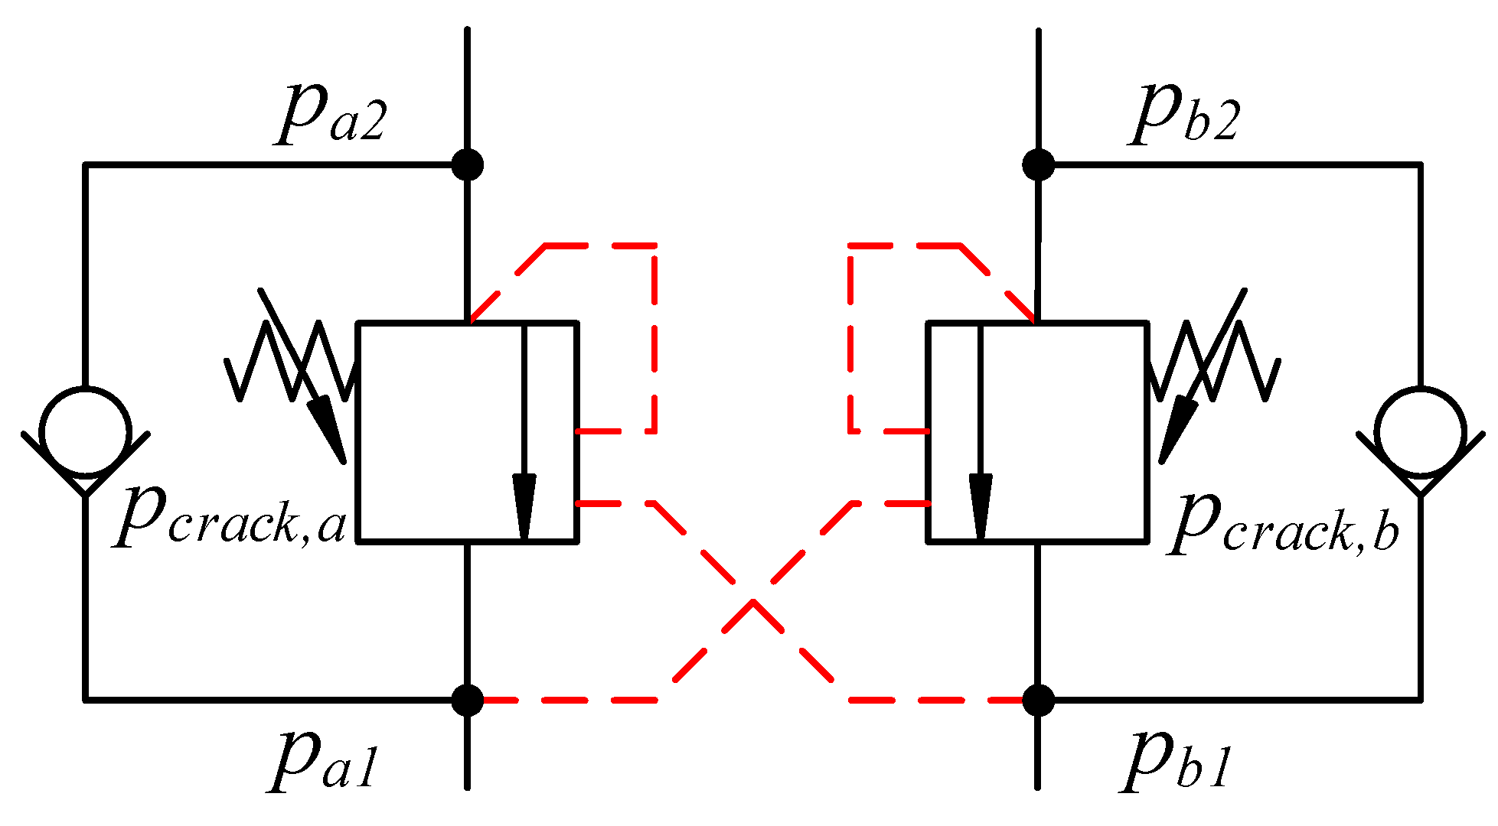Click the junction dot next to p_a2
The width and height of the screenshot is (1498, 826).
coord(467,164)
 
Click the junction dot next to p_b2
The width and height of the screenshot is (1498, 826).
coord(1038,164)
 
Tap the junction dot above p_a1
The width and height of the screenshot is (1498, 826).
coord(467,700)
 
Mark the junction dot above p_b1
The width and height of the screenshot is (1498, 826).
coord(1038,700)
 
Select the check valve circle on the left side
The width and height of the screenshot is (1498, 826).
coord(86,432)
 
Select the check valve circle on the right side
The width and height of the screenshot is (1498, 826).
coord(1420,432)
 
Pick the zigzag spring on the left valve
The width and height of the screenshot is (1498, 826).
coord(291,359)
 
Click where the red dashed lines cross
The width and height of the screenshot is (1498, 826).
coord(753,601)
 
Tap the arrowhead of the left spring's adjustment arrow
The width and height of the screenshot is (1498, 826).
coord(329,428)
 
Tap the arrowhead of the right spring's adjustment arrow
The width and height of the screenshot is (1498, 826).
coord(1177,428)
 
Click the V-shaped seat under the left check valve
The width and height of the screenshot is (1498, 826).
coord(86,478)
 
